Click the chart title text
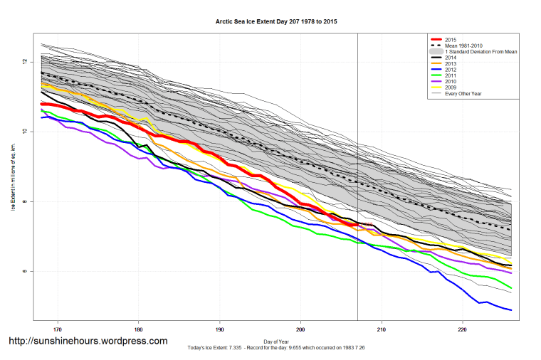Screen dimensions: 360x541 [x=276, y=22]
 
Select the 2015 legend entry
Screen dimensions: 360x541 [x=451, y=38]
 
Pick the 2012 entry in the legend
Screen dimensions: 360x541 [x=451, y=73]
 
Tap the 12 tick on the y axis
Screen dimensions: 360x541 [x=25, y=62]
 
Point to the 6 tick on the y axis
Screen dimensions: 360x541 [x=25, y=271]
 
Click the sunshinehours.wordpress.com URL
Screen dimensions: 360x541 [x=88, y=341]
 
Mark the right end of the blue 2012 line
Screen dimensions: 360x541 [x=511, y=309]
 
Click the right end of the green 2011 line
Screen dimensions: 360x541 [x=511, y=288]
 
